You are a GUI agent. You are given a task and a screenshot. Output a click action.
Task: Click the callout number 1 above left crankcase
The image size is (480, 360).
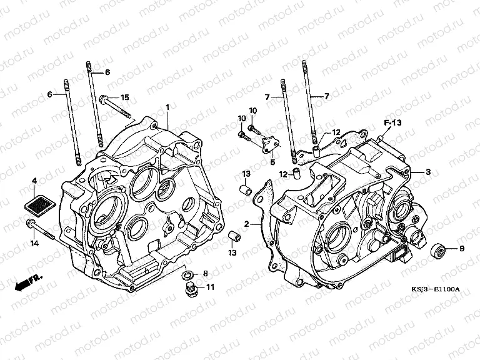167,107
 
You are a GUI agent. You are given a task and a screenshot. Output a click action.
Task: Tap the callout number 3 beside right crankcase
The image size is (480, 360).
428,172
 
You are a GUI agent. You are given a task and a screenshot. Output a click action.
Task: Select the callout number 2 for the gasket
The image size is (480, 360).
247,224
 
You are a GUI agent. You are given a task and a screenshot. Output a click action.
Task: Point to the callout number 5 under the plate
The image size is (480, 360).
272,162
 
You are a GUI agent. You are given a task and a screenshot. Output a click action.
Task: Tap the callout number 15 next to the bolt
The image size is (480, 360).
124,97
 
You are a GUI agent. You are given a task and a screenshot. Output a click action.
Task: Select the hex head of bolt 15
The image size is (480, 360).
103,99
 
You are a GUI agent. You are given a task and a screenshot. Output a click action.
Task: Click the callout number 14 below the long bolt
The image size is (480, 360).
34,244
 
